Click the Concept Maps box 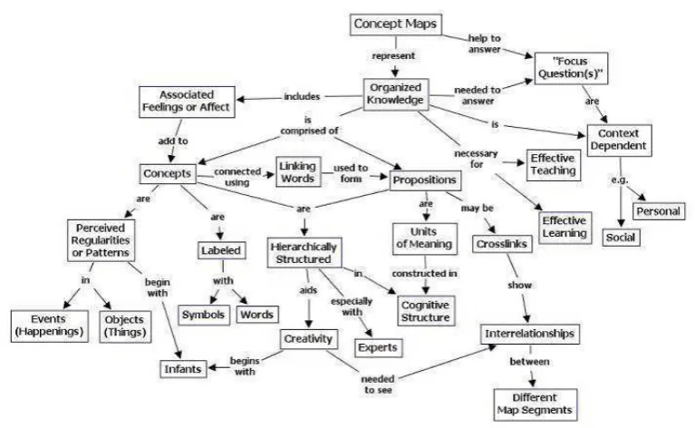click(396, 24)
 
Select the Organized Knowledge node click(395, 94)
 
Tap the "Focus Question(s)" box click(571, 68)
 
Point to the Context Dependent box click(619, 140)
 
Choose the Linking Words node click(298, 172)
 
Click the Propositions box click(425, 180)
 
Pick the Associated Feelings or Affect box click(187, 102)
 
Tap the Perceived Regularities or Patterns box click(101, 240)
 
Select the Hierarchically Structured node click(304, 253)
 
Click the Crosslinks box click(502, 244)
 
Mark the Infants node click(183, 369)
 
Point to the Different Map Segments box click(535, 404)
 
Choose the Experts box click(378, 347)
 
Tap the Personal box click(658, 211)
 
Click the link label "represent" click(393, 56)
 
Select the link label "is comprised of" click(309, 125)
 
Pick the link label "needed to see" click(378, 384)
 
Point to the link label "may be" click(477, 208)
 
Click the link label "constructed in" click(424, 274)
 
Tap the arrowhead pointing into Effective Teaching click(521, 163)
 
